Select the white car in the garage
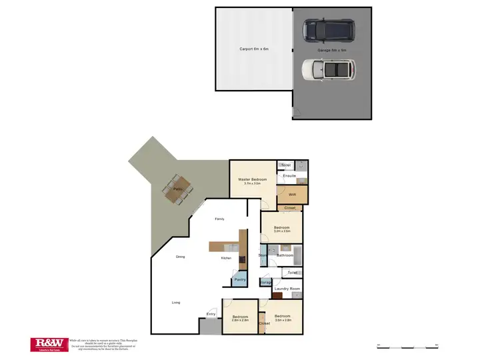(328, 69)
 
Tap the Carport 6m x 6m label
(253, 49)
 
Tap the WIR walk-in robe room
(293, 195)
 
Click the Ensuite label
(289, 176)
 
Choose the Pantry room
(240, 279)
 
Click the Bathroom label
(285, 255)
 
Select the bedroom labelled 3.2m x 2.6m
(281, 230)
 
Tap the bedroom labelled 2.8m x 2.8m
(239, 318)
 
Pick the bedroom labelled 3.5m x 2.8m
(283, 318)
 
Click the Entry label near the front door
(211, 314)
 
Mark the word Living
(175, 303)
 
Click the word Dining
(180, 257)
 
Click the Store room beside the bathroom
(263, 255)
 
